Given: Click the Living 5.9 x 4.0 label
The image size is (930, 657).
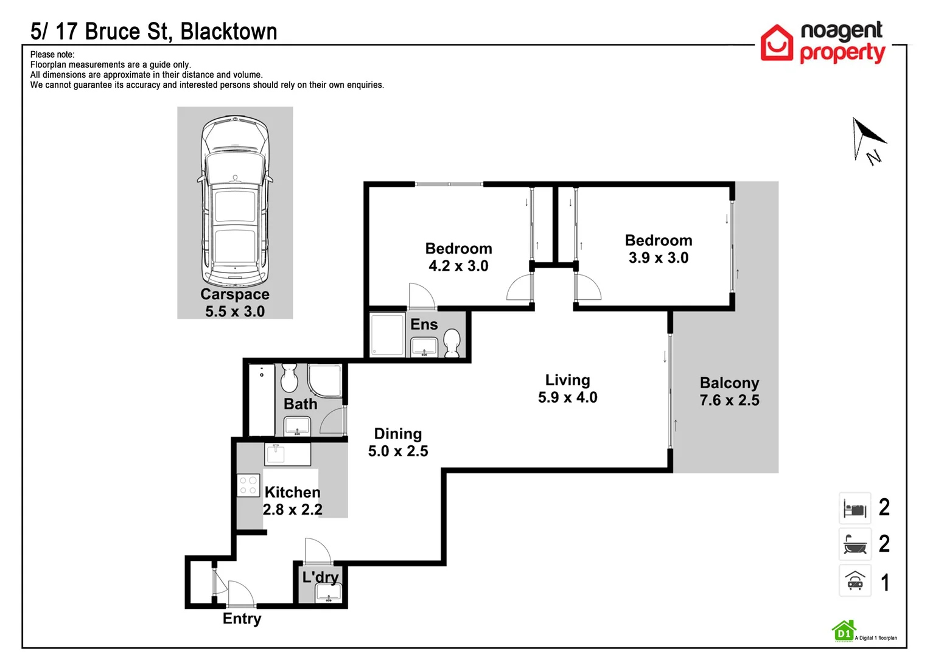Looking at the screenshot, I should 567,389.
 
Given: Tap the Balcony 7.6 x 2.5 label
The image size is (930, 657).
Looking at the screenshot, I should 729,391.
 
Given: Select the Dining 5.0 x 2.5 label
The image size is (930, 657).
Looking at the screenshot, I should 398,442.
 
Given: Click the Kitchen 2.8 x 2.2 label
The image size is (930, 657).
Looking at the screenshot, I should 292,501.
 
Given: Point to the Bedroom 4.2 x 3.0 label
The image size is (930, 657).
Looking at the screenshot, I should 458,257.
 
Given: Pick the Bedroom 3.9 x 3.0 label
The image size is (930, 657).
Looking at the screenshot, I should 658,249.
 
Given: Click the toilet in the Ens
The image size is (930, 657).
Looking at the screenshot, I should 452,342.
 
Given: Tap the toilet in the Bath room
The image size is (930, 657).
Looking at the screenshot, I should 289,378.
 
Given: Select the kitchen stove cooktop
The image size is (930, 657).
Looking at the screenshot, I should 248,485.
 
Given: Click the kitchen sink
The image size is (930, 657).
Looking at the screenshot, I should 276,453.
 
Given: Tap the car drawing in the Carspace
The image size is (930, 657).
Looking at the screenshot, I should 235,201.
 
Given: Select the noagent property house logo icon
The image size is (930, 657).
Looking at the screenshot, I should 777,43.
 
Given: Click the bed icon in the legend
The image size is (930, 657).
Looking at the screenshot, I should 855,509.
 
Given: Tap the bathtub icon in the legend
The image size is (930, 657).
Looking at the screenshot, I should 855,544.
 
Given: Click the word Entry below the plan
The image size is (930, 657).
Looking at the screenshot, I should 242,619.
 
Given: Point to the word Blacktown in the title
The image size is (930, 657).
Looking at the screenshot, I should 229,32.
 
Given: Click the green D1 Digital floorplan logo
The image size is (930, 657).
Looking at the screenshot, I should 844,631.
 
